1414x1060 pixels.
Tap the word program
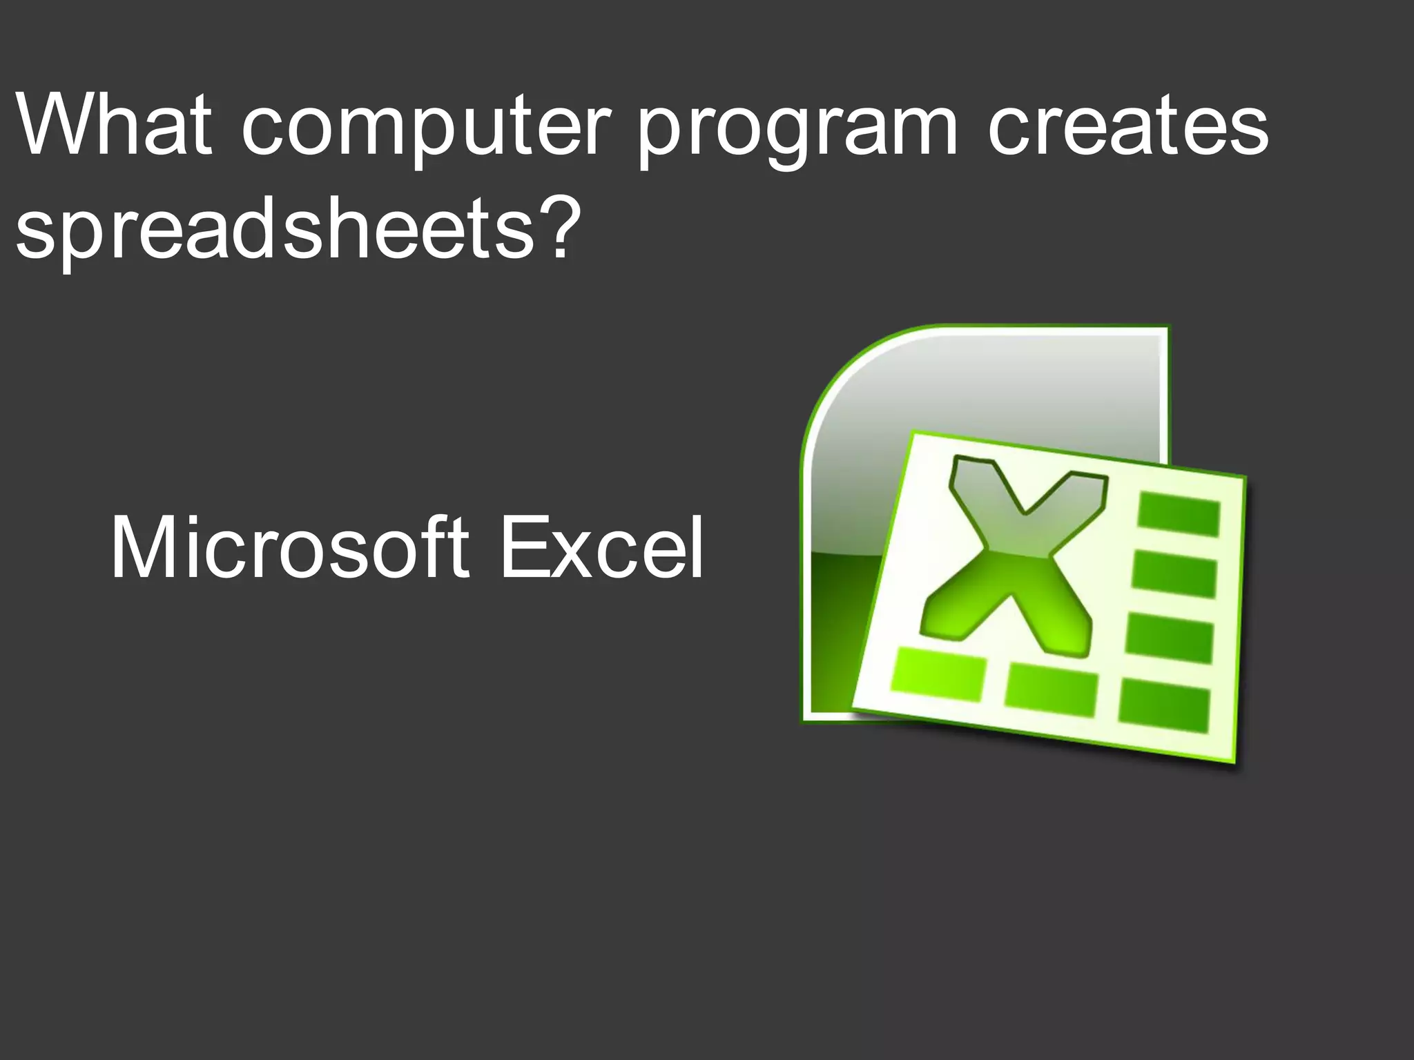[x=798, y=131]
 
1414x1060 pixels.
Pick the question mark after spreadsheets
[x=553, y=224]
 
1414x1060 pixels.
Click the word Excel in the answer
[x=601, y=549]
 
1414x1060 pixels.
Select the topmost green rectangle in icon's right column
[x=1178, y=514]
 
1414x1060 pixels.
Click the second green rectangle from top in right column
[x=1174, y=575]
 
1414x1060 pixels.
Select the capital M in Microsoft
[x=142, y=549]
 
